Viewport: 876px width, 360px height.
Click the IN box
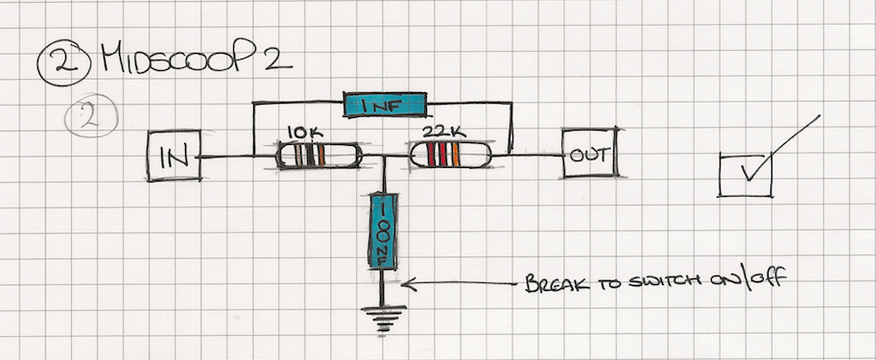coord(175,156)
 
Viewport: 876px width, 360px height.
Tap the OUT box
coord(590,154)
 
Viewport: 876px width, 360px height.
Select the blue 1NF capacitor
coord(385,105)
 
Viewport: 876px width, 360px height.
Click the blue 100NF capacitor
coord(383,230)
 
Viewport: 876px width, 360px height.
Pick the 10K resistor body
coord(319,156)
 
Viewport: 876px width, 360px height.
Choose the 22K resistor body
coord(451,155)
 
